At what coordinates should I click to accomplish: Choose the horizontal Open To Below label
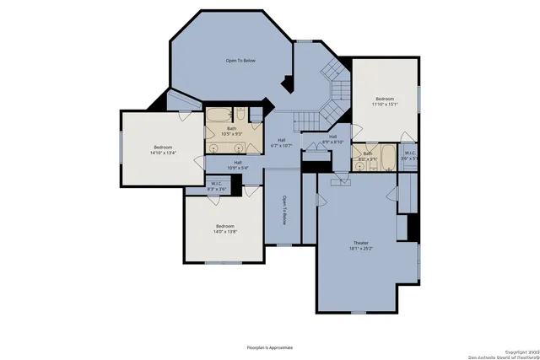coord(240,61)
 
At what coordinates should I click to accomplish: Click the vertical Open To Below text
coord(284,210)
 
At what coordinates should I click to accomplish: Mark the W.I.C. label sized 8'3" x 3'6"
coord(217,187)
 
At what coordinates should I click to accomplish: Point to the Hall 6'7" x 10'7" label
coord(280,143)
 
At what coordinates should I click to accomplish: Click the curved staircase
coord(336,89)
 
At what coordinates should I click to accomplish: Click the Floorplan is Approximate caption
coord(269,347)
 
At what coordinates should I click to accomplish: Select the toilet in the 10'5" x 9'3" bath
coord(240,116)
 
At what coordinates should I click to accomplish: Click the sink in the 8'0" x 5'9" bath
coord(360,165)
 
